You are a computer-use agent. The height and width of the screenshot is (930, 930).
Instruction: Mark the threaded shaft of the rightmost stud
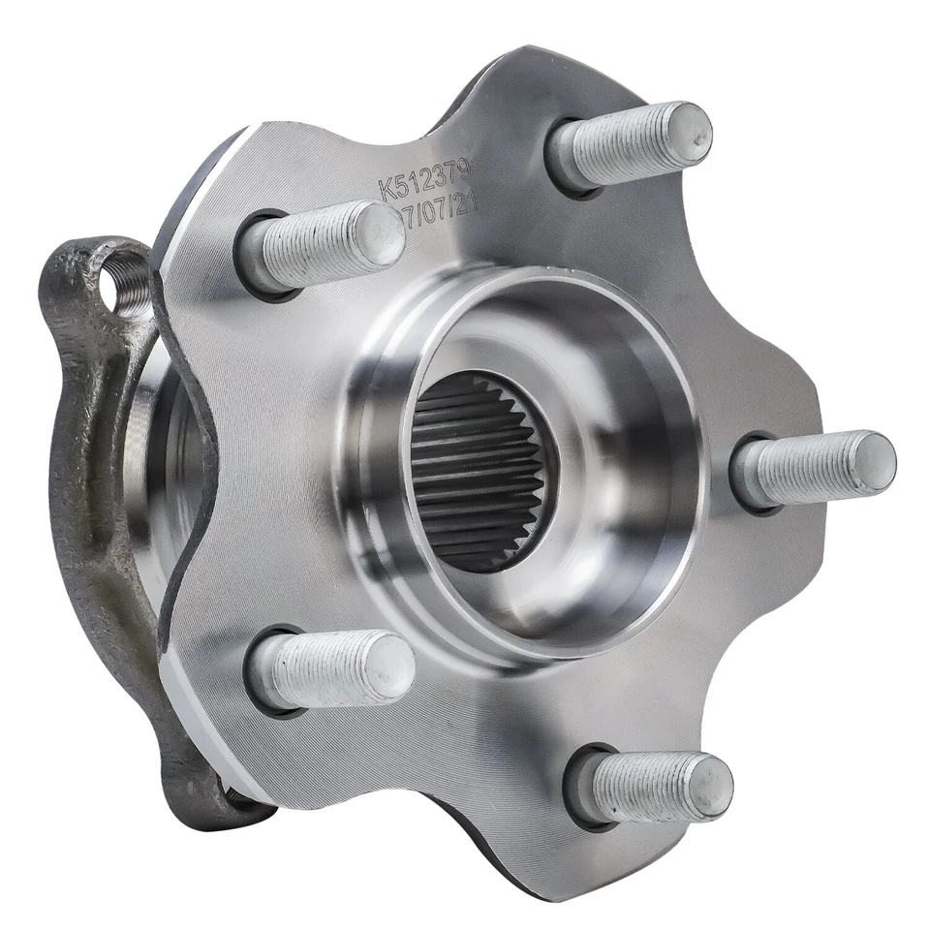(x=804, y=470)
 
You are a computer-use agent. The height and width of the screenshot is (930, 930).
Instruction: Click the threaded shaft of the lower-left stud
(x=325, y=668)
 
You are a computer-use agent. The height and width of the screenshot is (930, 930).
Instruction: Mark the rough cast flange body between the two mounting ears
(x=82, y=484)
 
